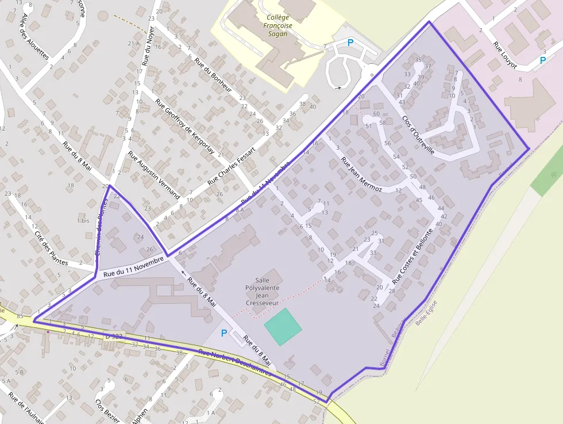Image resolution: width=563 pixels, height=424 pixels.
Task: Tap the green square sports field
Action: tap(283, 327)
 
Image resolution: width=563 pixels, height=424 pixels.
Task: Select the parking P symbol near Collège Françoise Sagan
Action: tap(350, 43)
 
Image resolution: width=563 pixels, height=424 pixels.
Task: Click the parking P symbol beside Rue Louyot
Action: tap(543, 60)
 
